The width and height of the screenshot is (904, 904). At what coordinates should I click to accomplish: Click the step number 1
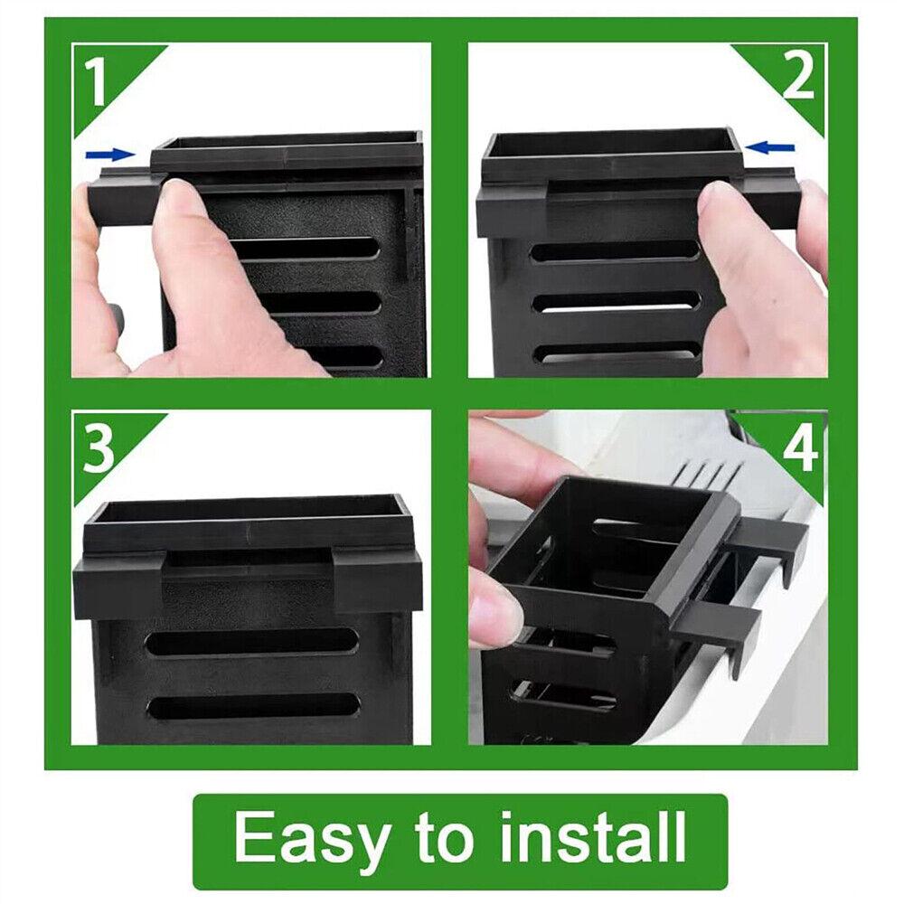click(x=96, y=82)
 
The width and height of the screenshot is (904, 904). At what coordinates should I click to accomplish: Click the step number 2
click(x=798, y=76)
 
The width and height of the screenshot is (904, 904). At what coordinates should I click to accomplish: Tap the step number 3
click(x=98, y=449)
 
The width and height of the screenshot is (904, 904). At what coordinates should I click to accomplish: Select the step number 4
click(x=801, y=448)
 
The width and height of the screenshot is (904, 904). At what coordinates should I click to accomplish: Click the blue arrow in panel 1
click(x=110, y=154)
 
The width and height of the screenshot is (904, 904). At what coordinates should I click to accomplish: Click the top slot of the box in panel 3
click(x=251, y=642)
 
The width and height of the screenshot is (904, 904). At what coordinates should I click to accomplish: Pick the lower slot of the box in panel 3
click(x=254, y=706)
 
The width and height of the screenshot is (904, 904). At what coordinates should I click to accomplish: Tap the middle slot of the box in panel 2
click(x=617, y=302)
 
